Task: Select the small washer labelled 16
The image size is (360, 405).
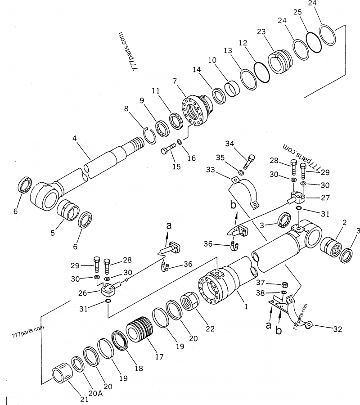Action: [180, 143]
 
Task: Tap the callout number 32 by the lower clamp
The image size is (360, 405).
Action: [337, 329]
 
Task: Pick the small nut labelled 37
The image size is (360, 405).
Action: [284, 284]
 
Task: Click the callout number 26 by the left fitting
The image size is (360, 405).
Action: [95, 292]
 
